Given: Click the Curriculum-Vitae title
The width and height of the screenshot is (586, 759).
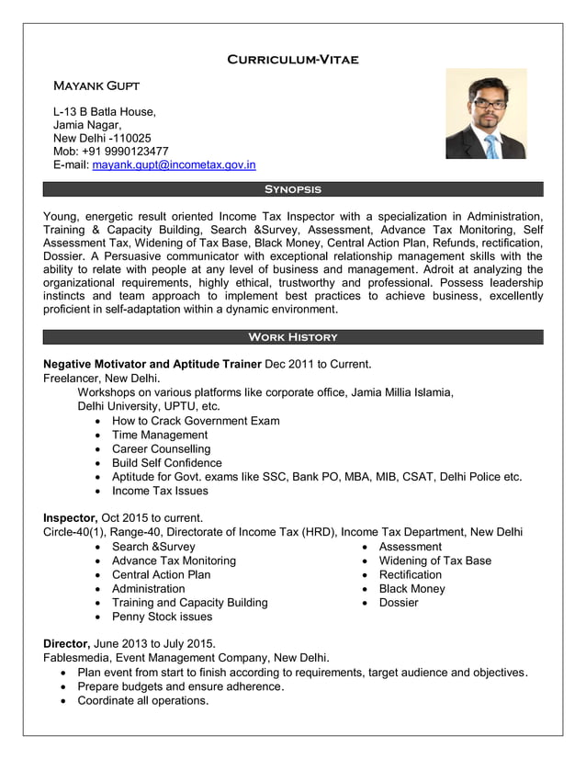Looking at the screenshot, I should coord(292,60).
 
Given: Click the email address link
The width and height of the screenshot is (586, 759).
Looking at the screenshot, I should coord(174,165).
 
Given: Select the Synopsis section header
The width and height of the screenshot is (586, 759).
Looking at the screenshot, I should coord(292,189).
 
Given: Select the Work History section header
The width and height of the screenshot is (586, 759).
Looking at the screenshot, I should coord(292,337).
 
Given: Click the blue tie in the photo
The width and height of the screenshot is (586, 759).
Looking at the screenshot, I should coord(492,146).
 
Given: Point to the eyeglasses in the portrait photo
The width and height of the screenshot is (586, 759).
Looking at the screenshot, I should coord(487,104).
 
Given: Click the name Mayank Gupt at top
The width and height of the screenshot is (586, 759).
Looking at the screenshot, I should coord(96,86).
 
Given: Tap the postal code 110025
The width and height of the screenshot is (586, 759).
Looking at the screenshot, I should coord(129,138).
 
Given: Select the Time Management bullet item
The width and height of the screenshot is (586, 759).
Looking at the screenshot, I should coord(160,435).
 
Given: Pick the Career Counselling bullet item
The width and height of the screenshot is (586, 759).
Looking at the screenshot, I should coord(161,448).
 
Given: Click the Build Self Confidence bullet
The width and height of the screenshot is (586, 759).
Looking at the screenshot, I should coord(166,463).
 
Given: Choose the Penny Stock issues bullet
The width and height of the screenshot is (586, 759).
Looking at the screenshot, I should coord(162,617).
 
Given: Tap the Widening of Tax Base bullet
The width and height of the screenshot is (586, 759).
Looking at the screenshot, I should coord(434,561).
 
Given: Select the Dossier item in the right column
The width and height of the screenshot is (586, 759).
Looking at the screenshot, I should coord(398,603).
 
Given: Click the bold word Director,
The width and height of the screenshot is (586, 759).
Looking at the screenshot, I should coord(67,643).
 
